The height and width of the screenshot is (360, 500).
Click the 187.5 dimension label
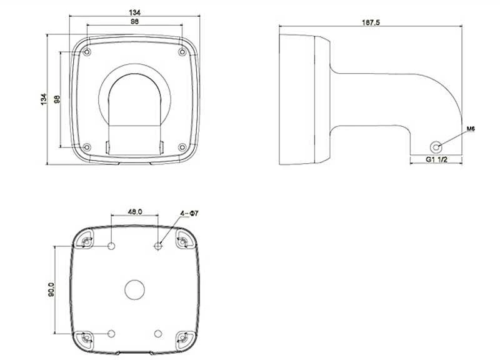pos(371,22)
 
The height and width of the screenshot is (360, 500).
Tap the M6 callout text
pos(471,129)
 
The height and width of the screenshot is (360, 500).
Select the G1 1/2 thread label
pos(436,159)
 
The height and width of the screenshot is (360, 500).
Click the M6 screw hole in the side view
pos(436,147)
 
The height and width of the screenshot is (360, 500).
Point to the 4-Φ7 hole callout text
pos(189,213)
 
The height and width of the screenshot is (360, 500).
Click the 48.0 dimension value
pos(135,211)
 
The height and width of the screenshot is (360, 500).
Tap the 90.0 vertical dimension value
pos(51,289)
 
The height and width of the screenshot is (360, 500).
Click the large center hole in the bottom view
pos(134,290)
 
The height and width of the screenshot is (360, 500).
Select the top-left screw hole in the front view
pos(87,52)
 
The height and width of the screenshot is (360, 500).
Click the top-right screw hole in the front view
pos(182,52)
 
